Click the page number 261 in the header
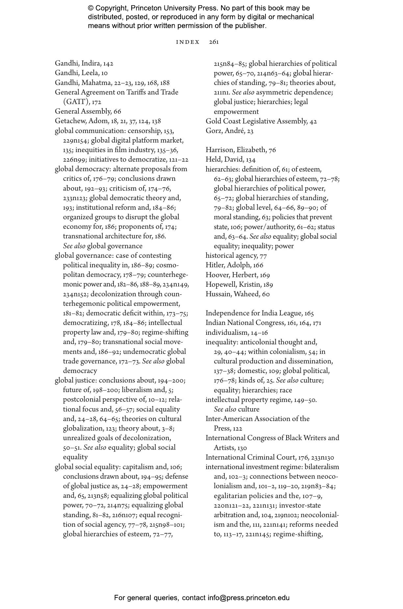click(214, 42)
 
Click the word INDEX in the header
click(188, 42)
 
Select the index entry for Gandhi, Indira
click(84, 64)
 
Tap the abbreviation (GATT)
click(76, 102)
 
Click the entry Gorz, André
click(229, 131)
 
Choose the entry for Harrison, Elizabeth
click(240, 150)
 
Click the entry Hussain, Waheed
click(238, 294)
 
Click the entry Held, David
click(230, 160)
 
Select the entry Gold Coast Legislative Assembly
click(261, 121)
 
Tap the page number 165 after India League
click(309, 313)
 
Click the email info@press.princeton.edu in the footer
click(248, 597)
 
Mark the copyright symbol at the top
click(91, 8)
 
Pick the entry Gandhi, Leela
click(81, 73)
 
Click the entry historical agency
click(236, 256)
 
